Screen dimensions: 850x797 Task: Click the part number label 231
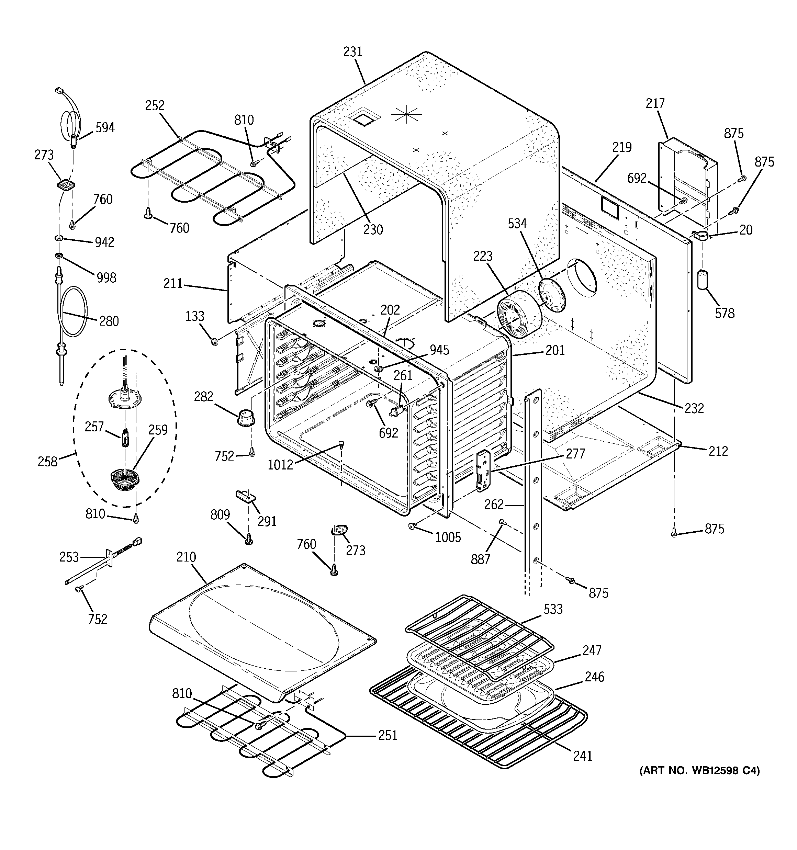coord(353,52)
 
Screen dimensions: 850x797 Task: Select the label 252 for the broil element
coord(155,106)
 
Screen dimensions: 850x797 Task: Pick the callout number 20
coord(746,230)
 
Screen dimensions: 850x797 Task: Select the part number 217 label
coord(655,103)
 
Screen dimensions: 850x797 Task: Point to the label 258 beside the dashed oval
coord(47,462)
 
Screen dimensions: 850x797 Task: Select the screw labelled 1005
coord(412,526)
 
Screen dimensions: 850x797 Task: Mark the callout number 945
coord(439,350)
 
